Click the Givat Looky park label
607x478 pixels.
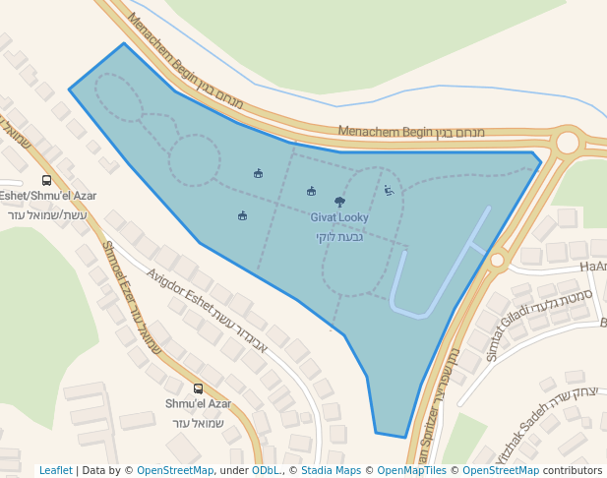pyautogui.click(x=339, y=217)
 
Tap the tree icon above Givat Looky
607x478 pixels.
pyautogui.click(x=339, y=202)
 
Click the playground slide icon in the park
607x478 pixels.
pyautogui.click(x=389, y=191)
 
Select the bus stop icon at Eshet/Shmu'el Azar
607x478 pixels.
pyautogui.click(x=46, y=180)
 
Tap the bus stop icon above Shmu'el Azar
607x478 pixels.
pyautogui.click(x=199, y=388)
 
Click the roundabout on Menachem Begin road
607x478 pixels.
pyautogui.click(x=568, y=143)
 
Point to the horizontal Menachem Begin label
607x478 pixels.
pyautogui.click(x=386, y=131)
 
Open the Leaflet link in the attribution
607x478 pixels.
pyautogui.click(x=56, y=470)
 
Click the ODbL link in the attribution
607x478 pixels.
pyautogui.click(x=266, y=470)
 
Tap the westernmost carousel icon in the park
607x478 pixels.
pyautogui.click(x=242, y=216)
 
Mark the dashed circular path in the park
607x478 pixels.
pyautogui.click(x=194, y=160)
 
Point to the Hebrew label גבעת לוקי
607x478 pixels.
pyautogui.click(x=339, y=237)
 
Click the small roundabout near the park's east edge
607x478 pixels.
pyautogui.click(x=497, y=261)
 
